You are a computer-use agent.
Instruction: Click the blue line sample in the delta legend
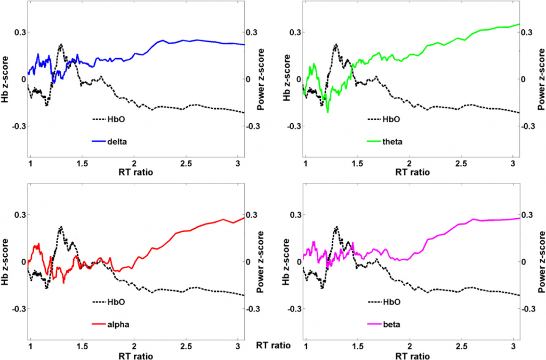(100, 141)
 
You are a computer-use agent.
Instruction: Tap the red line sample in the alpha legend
(100, 324)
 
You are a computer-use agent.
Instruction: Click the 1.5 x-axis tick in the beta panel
(357, 346)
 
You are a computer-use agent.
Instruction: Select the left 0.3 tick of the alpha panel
(19, 215)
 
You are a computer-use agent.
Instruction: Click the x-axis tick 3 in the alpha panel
(238, 346)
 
